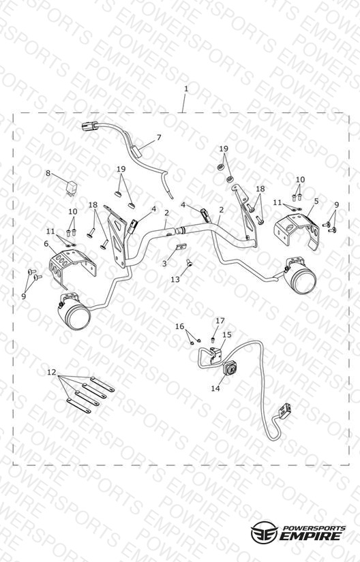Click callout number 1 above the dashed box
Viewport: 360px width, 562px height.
185,89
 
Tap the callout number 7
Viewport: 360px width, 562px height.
159,138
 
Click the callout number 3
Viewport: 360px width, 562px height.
164,264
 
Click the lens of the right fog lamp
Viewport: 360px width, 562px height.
305,281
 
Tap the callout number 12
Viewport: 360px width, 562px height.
52,373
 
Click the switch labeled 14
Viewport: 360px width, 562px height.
230,368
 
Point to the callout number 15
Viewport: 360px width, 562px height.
227,334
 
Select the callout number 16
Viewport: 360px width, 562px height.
179,326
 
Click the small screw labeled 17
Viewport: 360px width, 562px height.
213,338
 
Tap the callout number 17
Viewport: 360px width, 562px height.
220,320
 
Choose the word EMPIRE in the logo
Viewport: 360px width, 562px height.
310,536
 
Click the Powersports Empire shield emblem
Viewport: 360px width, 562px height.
265,531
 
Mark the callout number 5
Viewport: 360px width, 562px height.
316,201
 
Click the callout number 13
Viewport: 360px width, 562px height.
175,279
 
